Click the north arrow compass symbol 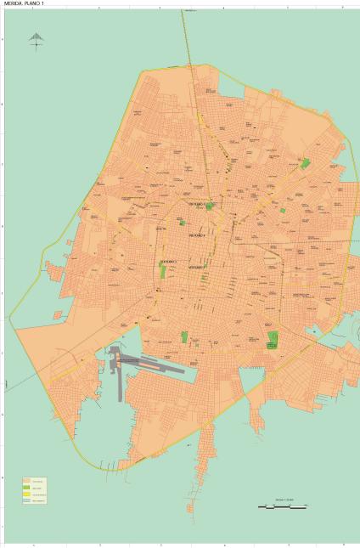[x=36, y=40]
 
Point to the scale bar [x=282, y=506]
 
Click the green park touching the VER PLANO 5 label [x=209, y=206]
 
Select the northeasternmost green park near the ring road [x=306, y=163]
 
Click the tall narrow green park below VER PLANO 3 [x=162, y=272]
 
